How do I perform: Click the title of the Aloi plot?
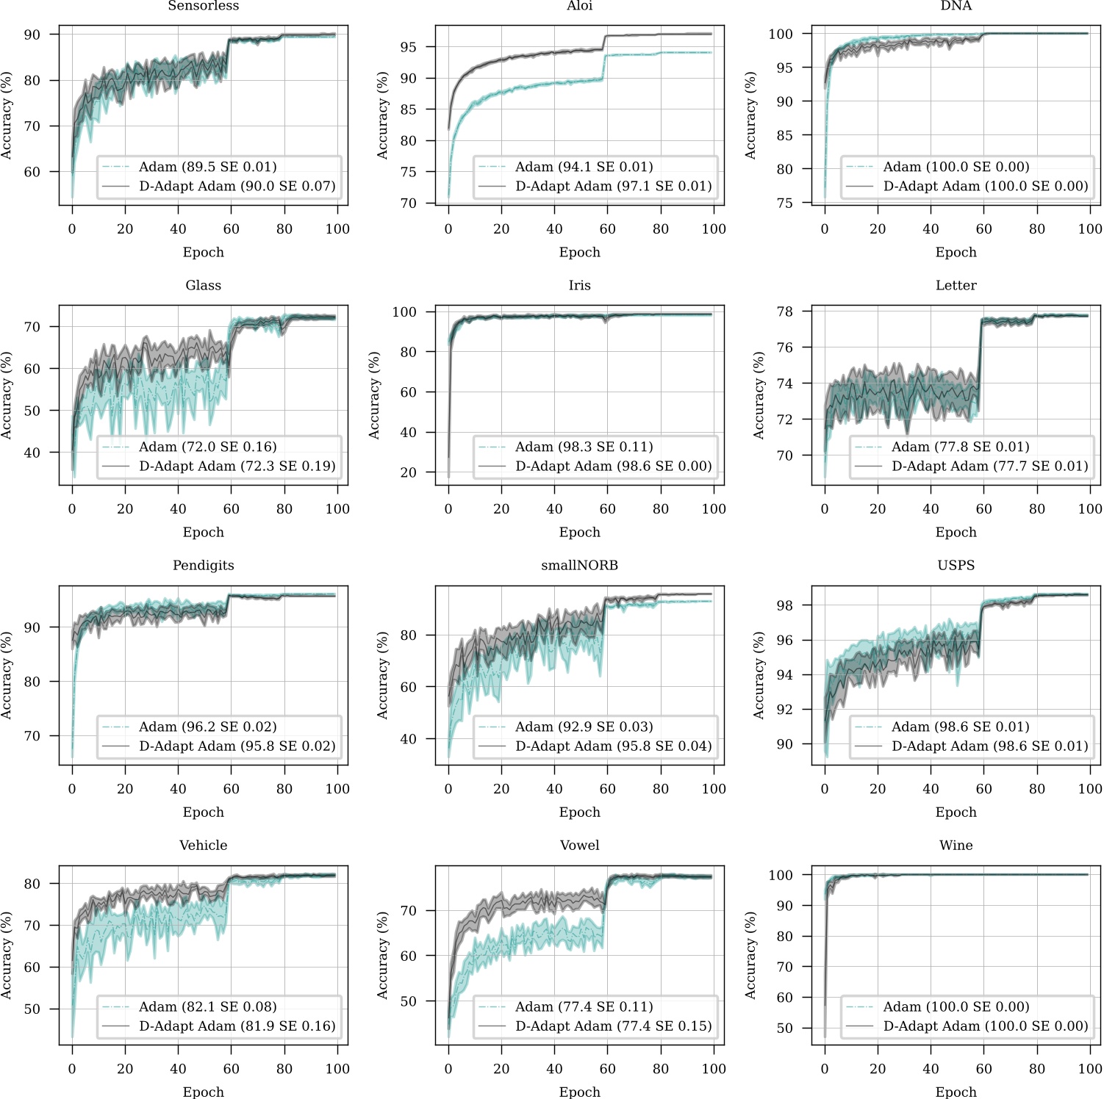[579, 6]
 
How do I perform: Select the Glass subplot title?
[203, 285]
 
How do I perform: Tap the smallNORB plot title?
[579, 565]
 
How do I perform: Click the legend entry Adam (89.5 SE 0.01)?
[207, 167]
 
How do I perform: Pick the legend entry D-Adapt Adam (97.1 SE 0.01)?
[613, 186]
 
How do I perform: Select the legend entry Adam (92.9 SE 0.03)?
[584, 727]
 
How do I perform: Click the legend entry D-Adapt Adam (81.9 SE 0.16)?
[237, 1026]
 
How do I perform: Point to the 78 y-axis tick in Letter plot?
[784, 311]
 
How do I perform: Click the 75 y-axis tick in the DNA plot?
[784, 203]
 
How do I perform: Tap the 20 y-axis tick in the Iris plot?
[408, 472]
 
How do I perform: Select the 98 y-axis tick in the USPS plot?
[784, 605]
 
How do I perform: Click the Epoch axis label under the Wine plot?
[956, 1092]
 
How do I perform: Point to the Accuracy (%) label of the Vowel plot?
[382, 955]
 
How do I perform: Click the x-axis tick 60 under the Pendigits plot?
[231, 789]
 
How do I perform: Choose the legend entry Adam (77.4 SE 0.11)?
[584, 1006]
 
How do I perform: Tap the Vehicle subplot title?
[203, 845]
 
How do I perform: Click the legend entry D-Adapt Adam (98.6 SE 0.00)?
[613, 466]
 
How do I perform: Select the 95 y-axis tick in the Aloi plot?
[408, 47]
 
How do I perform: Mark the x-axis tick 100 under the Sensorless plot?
[337, 229]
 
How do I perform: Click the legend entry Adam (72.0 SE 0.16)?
[207, 447]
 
